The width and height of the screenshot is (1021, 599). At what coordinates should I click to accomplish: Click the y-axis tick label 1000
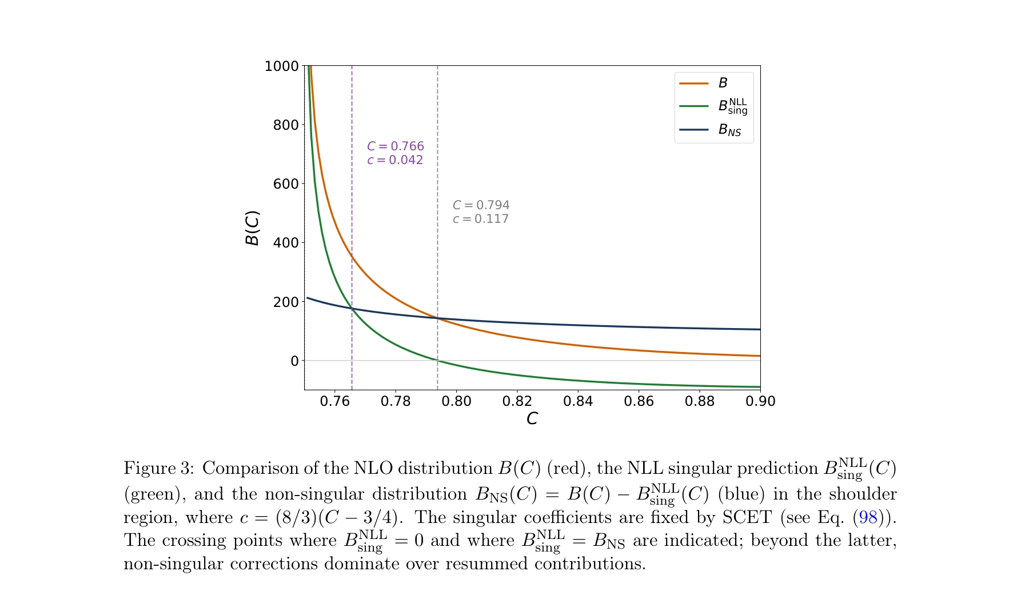coord(281,66)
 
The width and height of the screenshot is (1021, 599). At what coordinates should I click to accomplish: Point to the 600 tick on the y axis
coord(286,184)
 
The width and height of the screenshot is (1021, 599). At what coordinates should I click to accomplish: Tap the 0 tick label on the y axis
coord(294,361)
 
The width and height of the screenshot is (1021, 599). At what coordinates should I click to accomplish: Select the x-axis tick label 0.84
coord(578,401)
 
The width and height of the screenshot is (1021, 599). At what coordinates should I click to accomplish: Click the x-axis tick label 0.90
coord(760,401)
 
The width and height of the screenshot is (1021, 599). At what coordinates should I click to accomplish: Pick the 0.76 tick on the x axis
coord(334,401)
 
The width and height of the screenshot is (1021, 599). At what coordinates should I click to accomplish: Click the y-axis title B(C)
coord(252,228)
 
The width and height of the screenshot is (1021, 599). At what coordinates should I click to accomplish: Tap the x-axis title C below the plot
coord(532,419)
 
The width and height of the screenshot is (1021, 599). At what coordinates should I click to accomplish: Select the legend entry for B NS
coord(729,130)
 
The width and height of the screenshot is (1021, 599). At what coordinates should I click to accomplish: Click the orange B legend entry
coord(723,83)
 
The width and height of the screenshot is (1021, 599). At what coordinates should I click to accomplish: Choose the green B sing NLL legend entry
coord(732,106)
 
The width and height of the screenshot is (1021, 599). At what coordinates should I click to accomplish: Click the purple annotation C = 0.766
coord(396,146)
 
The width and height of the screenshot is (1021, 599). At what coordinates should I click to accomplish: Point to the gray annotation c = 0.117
coord(480,219)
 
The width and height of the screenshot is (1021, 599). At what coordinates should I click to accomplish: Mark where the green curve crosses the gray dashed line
coord(438,361)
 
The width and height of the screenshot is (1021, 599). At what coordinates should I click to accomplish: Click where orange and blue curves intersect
coord(438,318)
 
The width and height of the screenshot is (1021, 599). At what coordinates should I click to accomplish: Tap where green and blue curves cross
coord(352,309)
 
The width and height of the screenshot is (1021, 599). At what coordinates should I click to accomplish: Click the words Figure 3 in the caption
coord(158,469)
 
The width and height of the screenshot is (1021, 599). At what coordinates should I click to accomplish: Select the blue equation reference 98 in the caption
coord(868,518)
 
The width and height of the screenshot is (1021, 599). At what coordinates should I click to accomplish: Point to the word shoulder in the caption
coord(863,494)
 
